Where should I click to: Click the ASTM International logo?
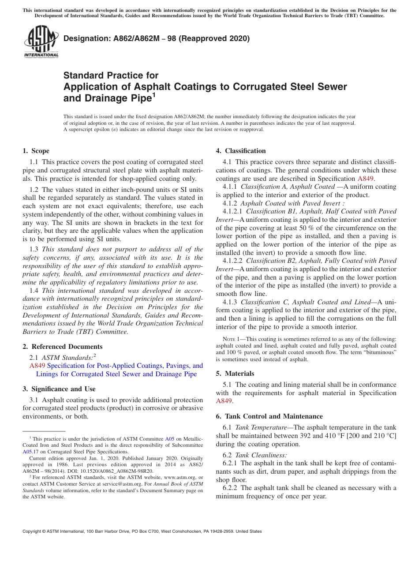41,43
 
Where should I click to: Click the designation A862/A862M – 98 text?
157,38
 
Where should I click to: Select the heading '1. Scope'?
36,151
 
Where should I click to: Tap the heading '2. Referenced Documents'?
62,347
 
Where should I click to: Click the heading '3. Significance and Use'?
59,389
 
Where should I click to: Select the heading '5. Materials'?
235,374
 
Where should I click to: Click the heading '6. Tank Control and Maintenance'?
269,416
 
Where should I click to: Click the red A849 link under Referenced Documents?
37,366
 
